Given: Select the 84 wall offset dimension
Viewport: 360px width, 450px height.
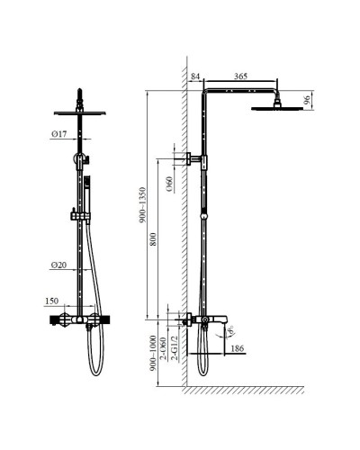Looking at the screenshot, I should coord(196,78).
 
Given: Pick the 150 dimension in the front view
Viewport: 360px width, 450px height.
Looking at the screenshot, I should coord(52,302).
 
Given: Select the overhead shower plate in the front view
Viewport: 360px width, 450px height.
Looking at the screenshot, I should coord(80,112).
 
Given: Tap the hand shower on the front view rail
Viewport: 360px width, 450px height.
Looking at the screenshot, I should coord(87,188).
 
